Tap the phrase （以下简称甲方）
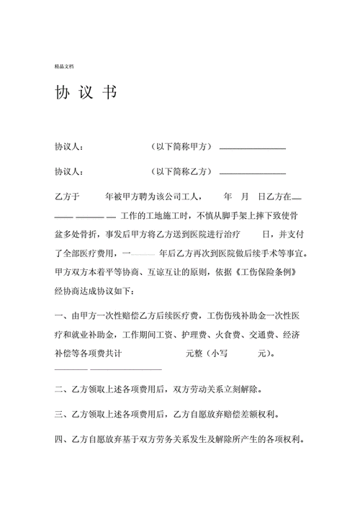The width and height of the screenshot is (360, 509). (x=181, y=147)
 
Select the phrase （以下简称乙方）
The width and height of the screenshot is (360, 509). (x=181, y=171)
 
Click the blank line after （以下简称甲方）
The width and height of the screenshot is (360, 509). (x=252, y=148)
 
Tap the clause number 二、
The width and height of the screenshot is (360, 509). (x=63, y=389)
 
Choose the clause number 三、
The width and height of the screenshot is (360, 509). (x=63, y=414)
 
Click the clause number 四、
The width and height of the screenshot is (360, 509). (x=63, y=438)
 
